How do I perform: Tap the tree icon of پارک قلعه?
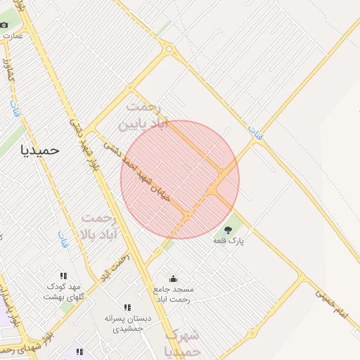coord(227,229)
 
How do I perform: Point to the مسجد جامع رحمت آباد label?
coord(174,294)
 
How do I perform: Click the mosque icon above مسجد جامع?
coord(174,279)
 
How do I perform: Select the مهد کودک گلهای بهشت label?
coord(64,292)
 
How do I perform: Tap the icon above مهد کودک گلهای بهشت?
coord(64,276)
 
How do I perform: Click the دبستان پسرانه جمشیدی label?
coord(124,323)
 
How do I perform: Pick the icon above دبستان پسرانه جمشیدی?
coord(127,307)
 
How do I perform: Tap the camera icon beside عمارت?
coord(4,25)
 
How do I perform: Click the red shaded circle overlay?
coord(180,179)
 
